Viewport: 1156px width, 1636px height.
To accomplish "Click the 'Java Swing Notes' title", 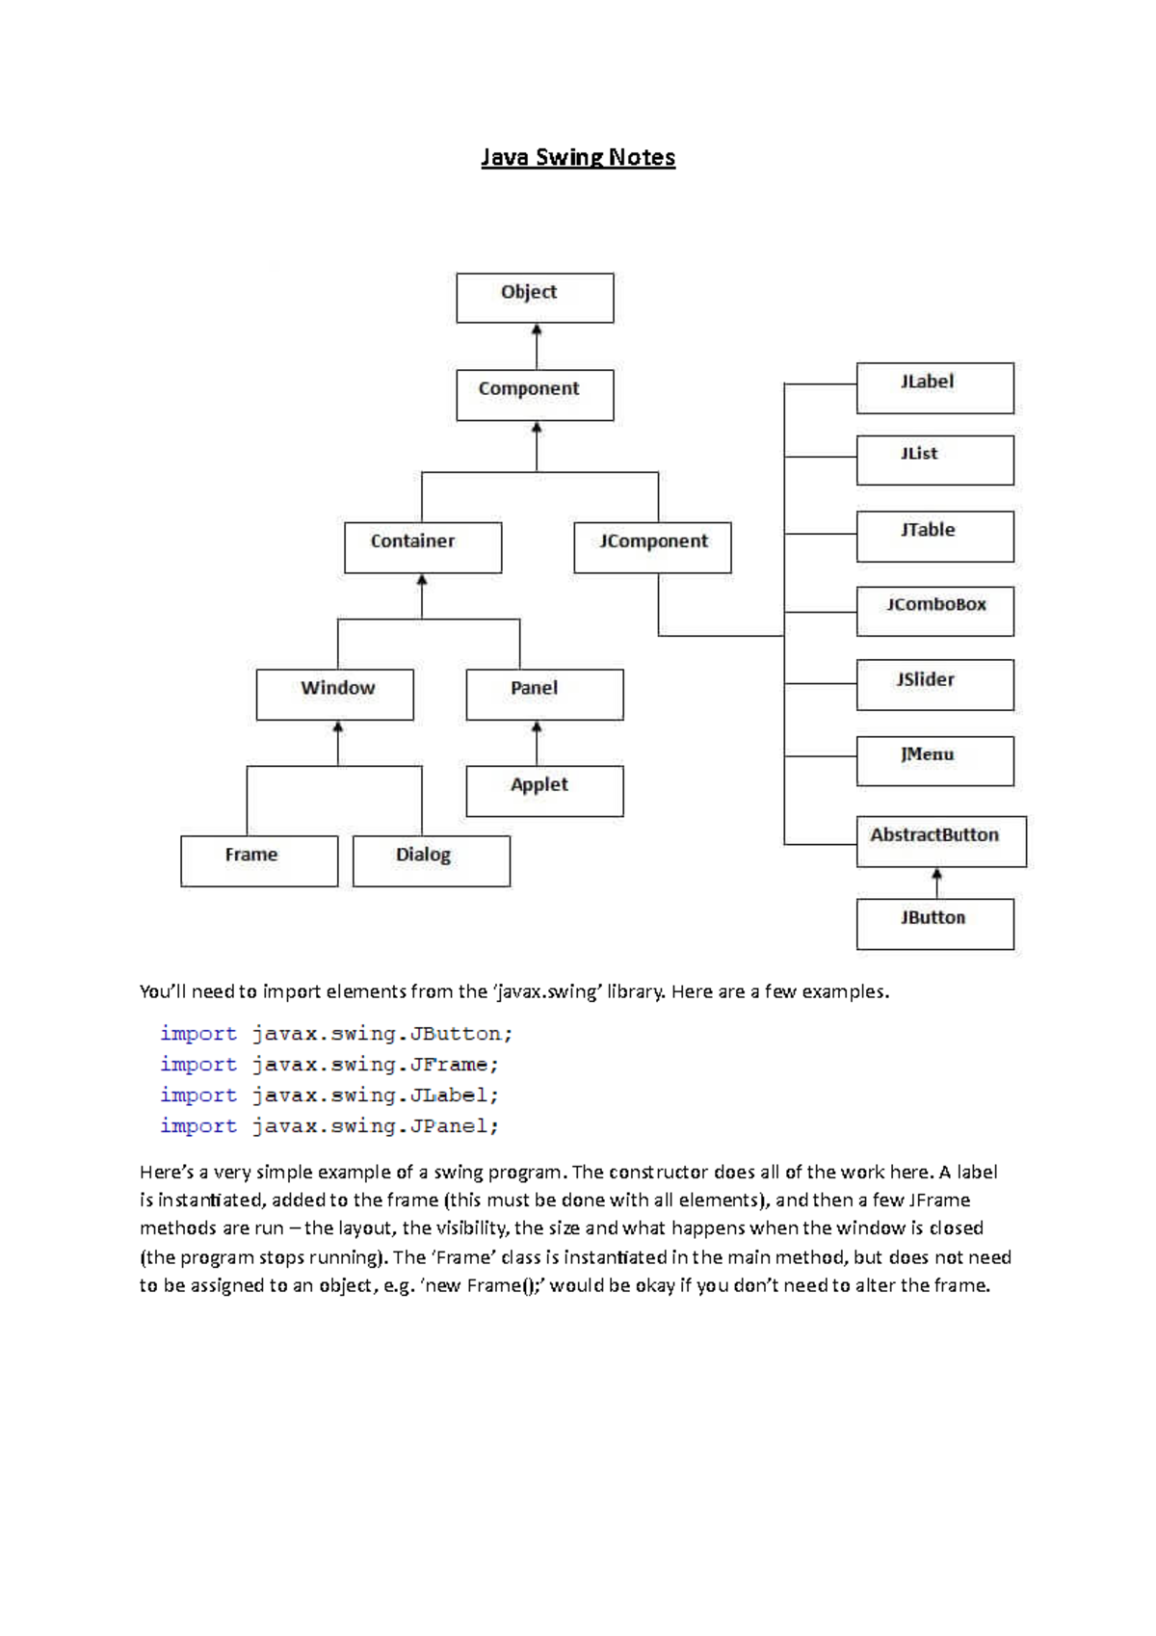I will tap(578, 157).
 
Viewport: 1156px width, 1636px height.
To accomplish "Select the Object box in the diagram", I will tap(535, 298).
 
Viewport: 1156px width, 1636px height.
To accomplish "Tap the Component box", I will tap(535, 395).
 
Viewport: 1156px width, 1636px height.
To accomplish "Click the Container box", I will tap(423, 547).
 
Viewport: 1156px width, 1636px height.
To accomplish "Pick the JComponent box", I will tap(652, 547).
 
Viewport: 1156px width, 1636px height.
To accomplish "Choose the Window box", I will tap(334, 694).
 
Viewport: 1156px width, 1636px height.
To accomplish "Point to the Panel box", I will tap(544, 694).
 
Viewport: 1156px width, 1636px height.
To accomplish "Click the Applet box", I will tap(544, 791).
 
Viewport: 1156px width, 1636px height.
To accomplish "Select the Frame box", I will tap(259, 860).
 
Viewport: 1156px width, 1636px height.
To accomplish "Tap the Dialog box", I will tap(431, 860).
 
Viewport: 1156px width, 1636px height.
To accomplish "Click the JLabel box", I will tap(934, 387).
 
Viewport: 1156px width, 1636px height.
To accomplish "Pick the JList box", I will tap(934, 460).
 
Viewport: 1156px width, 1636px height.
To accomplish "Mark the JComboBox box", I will tap(934, 611).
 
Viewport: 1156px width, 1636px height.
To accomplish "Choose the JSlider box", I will tap(934, 684).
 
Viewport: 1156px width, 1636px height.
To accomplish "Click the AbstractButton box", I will tap(941, 841).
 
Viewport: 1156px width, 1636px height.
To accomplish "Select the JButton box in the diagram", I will tap(934, 924).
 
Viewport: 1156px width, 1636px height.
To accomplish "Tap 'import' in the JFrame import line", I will tap(197, 1065).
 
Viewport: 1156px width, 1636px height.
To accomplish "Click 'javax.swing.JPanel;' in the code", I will tap(376, 1126).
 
